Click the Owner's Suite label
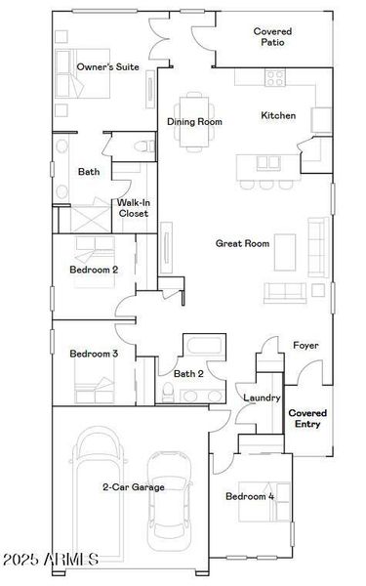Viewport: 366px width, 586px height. [x=107, y=66]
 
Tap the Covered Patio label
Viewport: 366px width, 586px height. [x=272, y=37]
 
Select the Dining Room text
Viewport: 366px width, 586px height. [x=194, y=122]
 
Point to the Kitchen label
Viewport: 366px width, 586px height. [x=278, y=115]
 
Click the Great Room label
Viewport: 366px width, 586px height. [x=242, y=243]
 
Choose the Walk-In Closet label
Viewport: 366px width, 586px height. [x=133, y=207]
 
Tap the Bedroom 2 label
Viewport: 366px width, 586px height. [x=94, y=270]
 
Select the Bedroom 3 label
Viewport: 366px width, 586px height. [x=94, y=354]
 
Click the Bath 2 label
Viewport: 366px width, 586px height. [x=188, y=373]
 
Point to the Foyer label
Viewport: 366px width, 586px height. [x=305, y=346]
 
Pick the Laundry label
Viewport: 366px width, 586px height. [x=262, y=398]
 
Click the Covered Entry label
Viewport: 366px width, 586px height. [x=307, y=418]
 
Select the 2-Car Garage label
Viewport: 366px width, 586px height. [x=134, y=486]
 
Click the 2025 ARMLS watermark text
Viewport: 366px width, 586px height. [x=51, y=559]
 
